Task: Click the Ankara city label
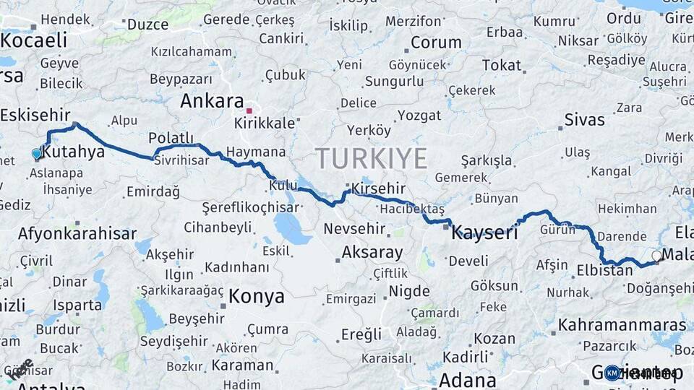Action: point(211,101)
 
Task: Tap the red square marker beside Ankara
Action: point(249,111)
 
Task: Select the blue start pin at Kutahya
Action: point(37,154)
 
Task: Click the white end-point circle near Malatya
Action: point(656,256)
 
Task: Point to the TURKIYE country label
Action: point(371,158)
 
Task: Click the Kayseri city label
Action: point(484,233)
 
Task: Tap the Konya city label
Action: point(257,296)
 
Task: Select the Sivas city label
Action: point(584,120)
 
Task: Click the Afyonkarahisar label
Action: point(77,234)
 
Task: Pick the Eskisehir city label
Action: point(35,115)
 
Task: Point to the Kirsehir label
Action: point(378,189)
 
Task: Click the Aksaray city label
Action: point(372,253)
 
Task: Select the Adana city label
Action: point(467,380)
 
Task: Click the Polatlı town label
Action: point(171,138)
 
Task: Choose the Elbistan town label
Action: point(604,272)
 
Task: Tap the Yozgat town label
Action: point(419,116)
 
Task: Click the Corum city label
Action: point(436,43)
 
